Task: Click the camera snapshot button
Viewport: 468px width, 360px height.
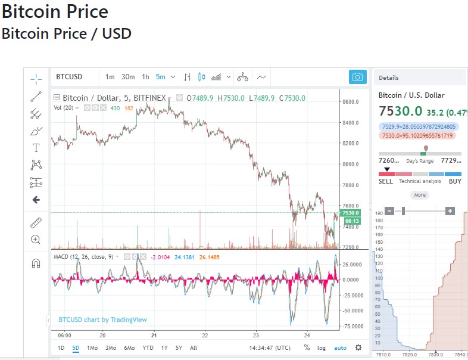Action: click(357, 77)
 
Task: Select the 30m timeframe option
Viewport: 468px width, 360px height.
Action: click(128, 77)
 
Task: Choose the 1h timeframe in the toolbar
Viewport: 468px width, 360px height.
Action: click(145, 77)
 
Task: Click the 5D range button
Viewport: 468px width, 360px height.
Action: click(76, 347)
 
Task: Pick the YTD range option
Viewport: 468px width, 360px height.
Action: click(148, 347)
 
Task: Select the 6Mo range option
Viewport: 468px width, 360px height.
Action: click(129, 347)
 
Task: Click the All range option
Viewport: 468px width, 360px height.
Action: click(194, 347)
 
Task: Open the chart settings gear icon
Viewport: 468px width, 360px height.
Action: click(358, 347)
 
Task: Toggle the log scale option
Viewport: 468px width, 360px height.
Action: click(322, 347)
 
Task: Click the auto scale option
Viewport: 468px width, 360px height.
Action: click(340, 347)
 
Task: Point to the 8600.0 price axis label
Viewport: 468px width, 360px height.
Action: click(351, 102)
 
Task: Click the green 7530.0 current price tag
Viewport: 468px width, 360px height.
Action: click(351, 213)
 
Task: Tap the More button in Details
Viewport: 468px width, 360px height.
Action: click(420, 195)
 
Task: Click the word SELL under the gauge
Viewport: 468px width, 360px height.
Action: click(386, 181)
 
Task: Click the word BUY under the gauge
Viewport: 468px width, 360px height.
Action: click(455, 181)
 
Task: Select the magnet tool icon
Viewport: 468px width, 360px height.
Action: click(36, 263)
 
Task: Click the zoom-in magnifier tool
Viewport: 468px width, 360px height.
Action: click(36, 240)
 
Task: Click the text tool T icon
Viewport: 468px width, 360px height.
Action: click(36, 148)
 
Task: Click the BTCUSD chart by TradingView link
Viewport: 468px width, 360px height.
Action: click(103, 319)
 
